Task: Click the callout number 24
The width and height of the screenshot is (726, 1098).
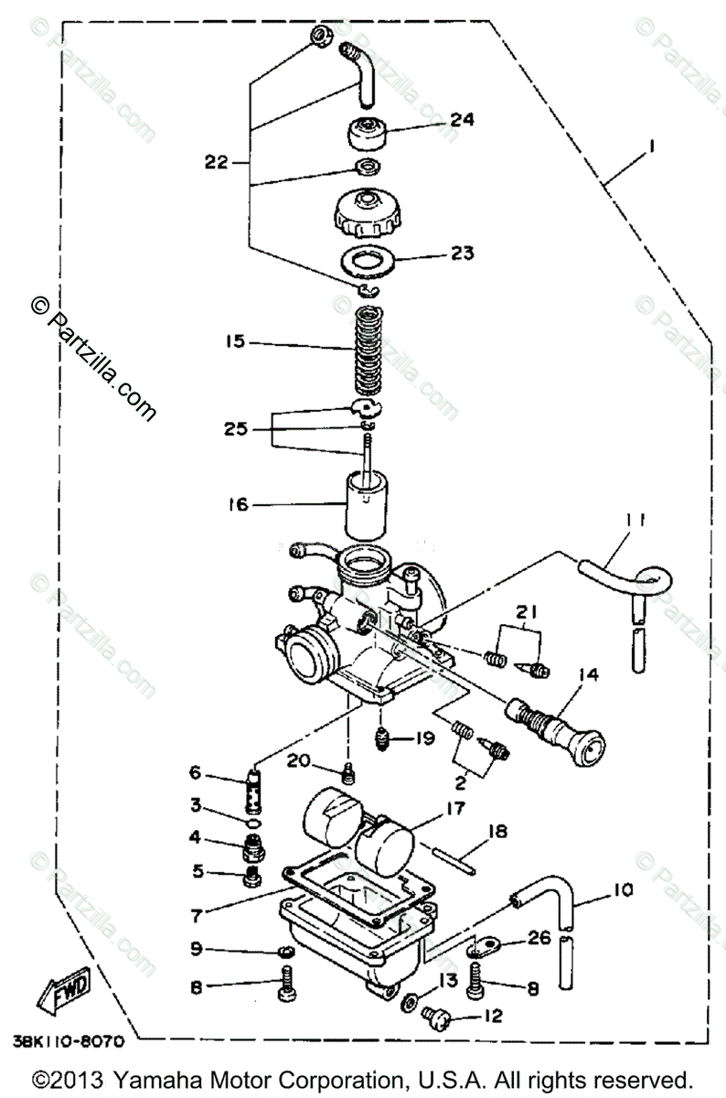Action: [x=462, y=119]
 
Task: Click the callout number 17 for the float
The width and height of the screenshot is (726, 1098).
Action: [x=454, y=808]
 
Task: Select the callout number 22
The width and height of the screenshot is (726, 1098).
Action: [x=215, y=163]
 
